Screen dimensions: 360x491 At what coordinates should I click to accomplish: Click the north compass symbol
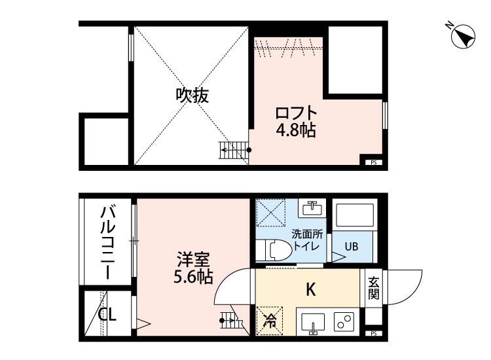(x=463, y=35)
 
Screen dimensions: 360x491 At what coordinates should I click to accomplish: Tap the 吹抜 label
(x=192, y=96)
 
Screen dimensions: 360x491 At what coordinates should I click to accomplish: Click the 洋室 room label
(x=192, y=258)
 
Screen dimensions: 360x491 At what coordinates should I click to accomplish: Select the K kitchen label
(x=311, y=289)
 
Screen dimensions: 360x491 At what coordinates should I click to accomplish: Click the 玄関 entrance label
(x=373, y=288)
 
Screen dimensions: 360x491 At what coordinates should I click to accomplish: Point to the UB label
(x=352, y=247)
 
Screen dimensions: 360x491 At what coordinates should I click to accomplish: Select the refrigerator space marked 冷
(x=270, y=321)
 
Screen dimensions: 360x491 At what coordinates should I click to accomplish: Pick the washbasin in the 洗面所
(x=311, y=209)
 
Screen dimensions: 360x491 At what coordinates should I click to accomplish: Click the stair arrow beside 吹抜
(x=234, y=151)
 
